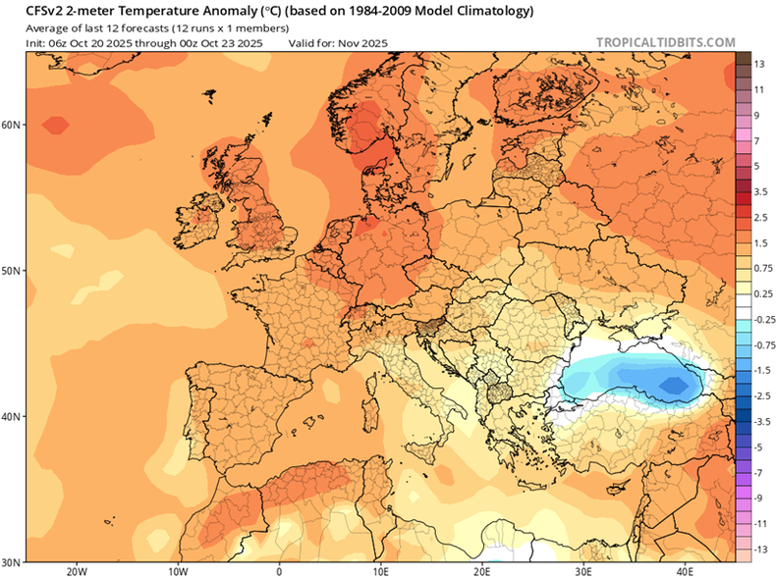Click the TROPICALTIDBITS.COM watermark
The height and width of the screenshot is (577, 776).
[665, 42]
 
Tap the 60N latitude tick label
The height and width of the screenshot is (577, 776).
[12, 125]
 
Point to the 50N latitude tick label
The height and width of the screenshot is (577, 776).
[12, 270]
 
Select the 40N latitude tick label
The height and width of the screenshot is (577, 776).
[12, 416]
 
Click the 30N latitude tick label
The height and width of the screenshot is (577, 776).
[12, 561]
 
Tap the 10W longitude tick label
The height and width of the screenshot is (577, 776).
[178, 570]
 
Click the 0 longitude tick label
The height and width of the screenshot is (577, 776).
[279, 570]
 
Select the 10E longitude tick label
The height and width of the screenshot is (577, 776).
[380, 570]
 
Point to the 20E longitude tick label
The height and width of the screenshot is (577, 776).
[481, 570]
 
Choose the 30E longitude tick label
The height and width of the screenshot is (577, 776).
[583, 570]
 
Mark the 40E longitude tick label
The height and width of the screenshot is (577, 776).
[685, 570]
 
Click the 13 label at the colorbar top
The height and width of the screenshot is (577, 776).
[759, 64]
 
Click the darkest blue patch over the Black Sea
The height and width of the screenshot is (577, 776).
[674, 386]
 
